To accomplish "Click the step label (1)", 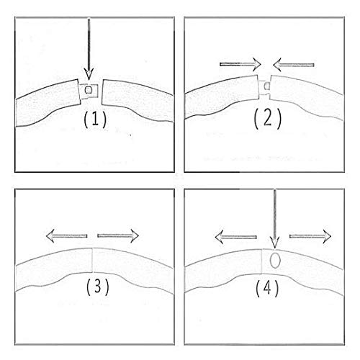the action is coord(95,120).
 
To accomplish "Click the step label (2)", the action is coord(267,119).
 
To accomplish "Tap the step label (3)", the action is coord(97,287).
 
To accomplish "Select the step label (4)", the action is coord(267,288).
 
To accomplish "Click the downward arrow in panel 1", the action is coord(89,49).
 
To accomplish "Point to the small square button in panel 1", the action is coord(89,90).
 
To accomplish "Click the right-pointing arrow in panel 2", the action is coord(240,64).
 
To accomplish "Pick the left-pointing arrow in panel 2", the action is coord(294,65).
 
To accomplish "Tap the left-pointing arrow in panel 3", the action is coord(66,235).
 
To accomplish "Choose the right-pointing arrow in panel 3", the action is coord(118,236).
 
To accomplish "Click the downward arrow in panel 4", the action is coord(274,219).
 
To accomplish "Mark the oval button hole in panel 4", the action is coord(275,261).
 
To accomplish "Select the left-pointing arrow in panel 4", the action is coord(235,237).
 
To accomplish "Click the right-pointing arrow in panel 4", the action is coord(310,236).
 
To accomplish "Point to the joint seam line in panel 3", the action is coord(93,260).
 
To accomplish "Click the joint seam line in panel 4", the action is coord(262,261).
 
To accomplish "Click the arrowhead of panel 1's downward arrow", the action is coord(89,73).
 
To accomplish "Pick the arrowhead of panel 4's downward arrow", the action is coord(275,243).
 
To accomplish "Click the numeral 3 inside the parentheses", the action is coord(98,287).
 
